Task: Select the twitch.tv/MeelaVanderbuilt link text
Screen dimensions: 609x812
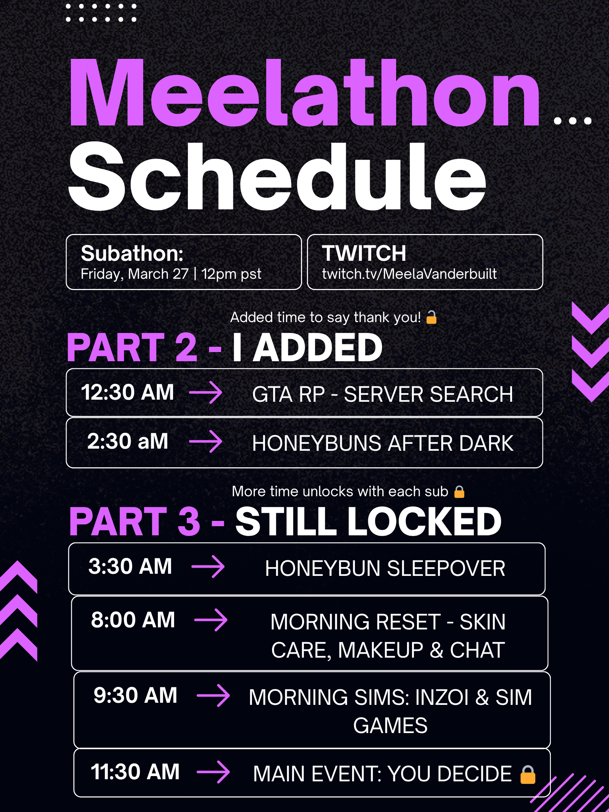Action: tap(409, 274)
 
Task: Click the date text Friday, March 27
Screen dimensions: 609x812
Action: tap(134, 274)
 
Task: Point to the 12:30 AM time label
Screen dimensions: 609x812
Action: tap(127, 392)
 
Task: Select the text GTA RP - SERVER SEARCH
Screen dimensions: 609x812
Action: tap(382, 394)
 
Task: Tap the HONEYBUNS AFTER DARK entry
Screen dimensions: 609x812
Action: tap(382, 443)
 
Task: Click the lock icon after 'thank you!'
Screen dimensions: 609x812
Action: tap(431, 317)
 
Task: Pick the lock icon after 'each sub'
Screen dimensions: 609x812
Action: tap(459, 492)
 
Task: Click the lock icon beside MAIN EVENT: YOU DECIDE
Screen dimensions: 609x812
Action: tap(528, 775)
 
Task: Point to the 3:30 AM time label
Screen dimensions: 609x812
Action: tap(130, 566)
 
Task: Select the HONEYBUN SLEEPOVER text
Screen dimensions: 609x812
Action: tap(385, 568)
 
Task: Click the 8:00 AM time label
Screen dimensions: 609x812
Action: tap(133, 620)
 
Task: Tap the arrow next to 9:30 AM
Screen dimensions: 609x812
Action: tap(213, 696)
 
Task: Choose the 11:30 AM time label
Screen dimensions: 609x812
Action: tap(135, 771)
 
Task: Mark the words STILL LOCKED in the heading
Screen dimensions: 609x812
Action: tap(368, 521)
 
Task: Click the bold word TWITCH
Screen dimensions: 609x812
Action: tap(364, 253)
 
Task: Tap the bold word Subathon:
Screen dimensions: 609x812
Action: tap(132, 253)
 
